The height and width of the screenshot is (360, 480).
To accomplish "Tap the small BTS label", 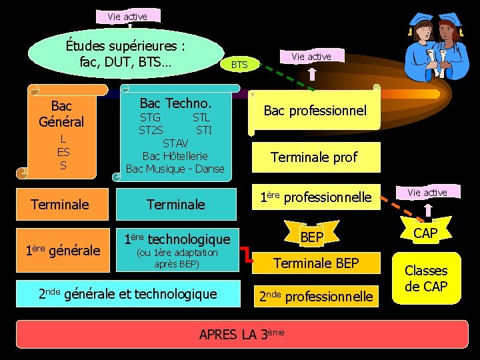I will [x=239, y=65].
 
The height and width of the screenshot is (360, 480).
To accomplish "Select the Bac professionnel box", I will [x=315, y=110].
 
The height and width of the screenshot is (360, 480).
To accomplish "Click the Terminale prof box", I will [x=314, y=157].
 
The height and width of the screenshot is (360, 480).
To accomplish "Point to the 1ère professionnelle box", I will [x=315, y=197].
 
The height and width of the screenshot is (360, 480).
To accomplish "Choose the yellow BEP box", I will [x=311, y=237].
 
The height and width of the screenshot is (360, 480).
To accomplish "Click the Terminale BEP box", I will [x=316, y=263].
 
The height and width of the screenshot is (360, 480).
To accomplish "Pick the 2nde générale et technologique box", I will [x=127, y=293].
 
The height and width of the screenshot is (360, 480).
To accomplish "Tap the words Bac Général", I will [x=61, y=114].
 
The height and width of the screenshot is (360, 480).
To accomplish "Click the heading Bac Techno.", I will [x=175, y=103].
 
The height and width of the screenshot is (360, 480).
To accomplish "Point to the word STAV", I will [x=175, y=143].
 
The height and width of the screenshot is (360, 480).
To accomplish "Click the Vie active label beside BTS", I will [x=311, y=57].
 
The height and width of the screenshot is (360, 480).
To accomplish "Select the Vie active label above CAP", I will [x=427, y=193].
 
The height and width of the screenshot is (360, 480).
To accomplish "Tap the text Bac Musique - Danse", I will [x=175, y=169].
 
